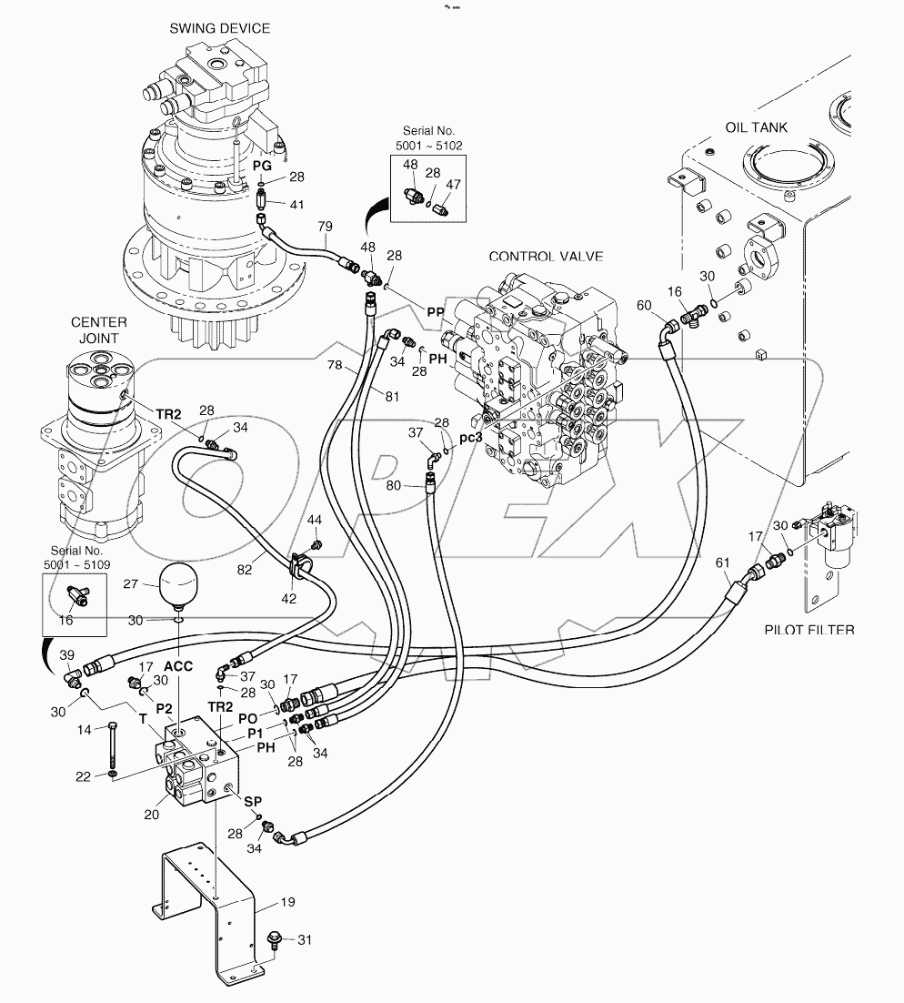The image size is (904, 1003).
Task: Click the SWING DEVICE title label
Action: pos(219,28)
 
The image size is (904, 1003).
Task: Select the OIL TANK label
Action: pos(756,127)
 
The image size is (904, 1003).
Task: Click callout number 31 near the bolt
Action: pos(306,941)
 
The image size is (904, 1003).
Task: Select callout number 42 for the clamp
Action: pos(289,598)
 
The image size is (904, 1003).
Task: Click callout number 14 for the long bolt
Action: pos(85,729)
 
